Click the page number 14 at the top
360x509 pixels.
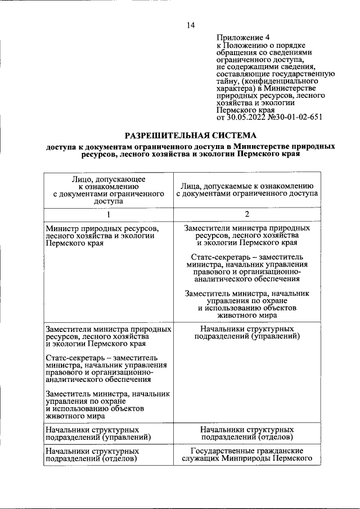[191, 25]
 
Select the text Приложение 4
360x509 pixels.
[239, 38]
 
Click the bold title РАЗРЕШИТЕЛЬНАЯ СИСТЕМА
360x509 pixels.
[190, 135]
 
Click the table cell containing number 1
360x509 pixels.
[109, 214]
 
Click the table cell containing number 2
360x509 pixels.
[247, 214]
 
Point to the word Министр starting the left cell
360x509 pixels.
[64, 229]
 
